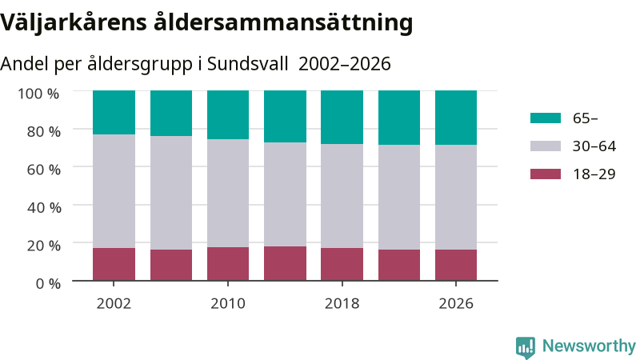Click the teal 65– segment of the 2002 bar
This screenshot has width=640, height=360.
point(114,113)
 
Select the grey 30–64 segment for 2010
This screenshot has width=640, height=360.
point(228,193)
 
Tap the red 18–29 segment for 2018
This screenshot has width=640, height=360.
point(342,264)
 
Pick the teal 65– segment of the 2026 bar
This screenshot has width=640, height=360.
point(456,118)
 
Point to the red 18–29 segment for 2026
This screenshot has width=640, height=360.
point(456,265)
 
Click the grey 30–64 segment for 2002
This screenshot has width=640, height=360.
point(114,191)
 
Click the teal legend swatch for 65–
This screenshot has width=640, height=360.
point(546,118)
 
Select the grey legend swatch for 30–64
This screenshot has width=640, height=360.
point(546,146)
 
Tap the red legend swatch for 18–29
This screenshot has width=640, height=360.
point(546,174)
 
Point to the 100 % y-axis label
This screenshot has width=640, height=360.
point(38,94)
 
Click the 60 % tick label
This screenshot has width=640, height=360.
point(44,170)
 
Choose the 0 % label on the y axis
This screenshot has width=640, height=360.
point(48,283)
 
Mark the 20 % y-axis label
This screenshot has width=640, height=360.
point(44,246)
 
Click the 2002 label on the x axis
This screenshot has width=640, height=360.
point(114,304)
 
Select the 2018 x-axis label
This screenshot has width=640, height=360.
point(342,304)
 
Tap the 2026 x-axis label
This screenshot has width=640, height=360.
point(456,304)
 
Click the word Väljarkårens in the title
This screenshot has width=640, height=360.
point(74,23)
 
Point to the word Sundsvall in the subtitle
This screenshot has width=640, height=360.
point(248,64)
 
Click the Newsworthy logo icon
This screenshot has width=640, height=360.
point(526,347)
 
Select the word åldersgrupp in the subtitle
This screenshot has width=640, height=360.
point(139,65)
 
